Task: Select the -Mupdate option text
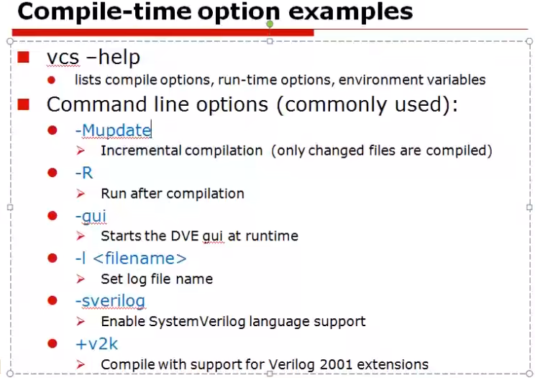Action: click(x=113, y=130)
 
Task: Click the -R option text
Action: click(x=83, y=173)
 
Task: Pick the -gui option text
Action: click(x=91, y=216)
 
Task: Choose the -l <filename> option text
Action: click(x=130, y=258)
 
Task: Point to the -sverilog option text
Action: click(x=109, y=301)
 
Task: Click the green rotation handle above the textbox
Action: click(x=270, y=24)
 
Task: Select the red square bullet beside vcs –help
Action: click(x=23, y=57)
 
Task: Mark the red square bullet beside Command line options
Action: click(x=23, y=104)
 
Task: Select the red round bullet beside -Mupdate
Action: click(x=52, y=130)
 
